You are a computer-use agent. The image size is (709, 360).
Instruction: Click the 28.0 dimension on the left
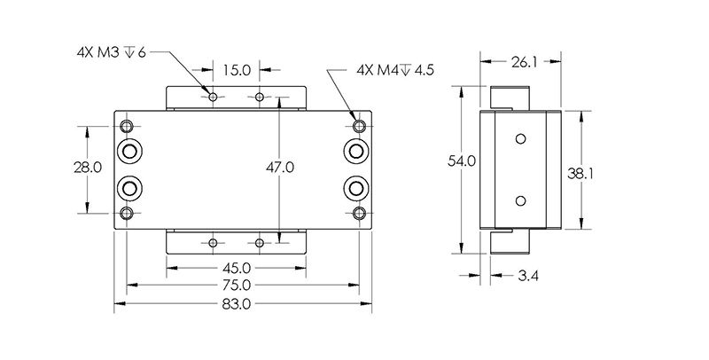91,167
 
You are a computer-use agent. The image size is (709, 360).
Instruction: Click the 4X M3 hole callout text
110,52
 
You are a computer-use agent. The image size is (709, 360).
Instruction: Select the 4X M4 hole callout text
394,70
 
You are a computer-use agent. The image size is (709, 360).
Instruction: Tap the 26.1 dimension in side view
521,62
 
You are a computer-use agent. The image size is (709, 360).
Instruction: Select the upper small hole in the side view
520,139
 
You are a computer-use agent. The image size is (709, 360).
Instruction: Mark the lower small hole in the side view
520,199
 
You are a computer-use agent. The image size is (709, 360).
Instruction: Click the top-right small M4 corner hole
359,124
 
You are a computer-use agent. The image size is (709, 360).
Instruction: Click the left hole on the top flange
213,95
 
